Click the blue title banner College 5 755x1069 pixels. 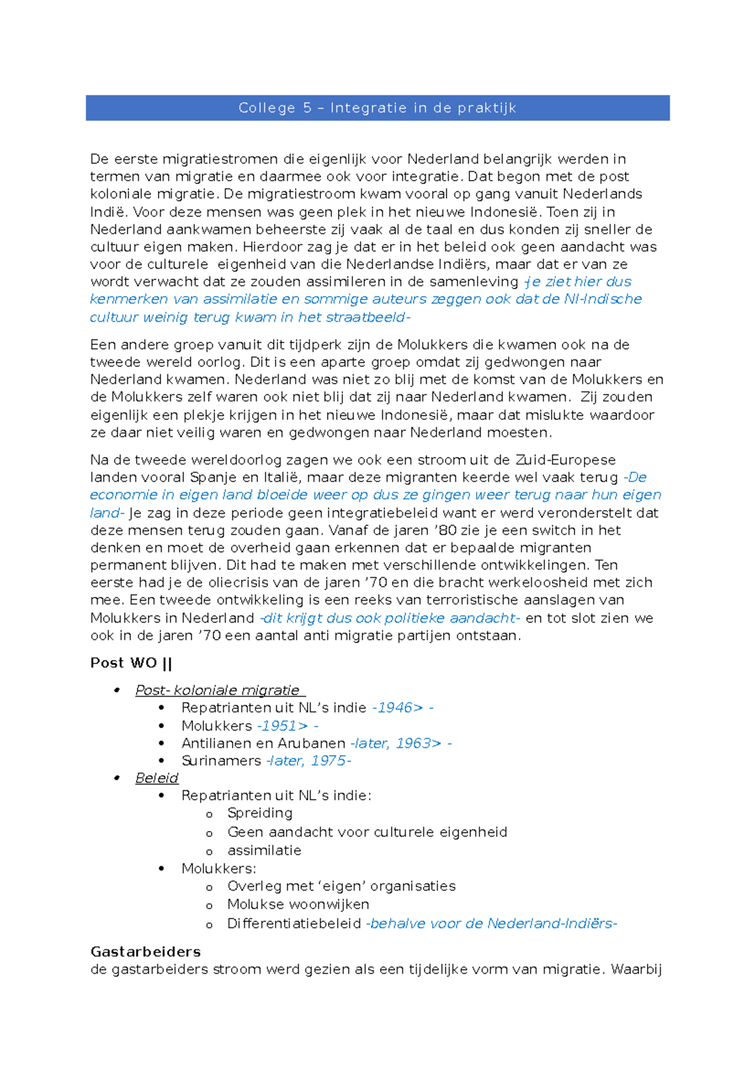pos(377,108)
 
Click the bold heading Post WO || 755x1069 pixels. pos(131,663)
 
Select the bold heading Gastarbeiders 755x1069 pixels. pos(145,951)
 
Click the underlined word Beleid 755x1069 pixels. pos(157,778)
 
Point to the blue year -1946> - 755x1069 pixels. pos(403,708)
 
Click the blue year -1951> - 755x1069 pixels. pos(288,725)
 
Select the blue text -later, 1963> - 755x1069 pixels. pos(401,743)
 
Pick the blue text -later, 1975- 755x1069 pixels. pos(308,761)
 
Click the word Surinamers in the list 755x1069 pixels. pos(221,761)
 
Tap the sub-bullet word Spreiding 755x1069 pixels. pos(260,813)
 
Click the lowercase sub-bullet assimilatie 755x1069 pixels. pos(264,851)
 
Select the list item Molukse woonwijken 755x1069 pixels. pos(298,904)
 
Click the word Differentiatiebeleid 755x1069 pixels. pos(294,924)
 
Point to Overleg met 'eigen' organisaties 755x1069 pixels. pos(341,886)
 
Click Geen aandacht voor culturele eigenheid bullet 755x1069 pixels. pos(367,832)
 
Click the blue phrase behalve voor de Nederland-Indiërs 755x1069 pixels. pos(491,924)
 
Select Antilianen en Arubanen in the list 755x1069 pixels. pos(263,743)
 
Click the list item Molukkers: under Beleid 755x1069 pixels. pos(218,869)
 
